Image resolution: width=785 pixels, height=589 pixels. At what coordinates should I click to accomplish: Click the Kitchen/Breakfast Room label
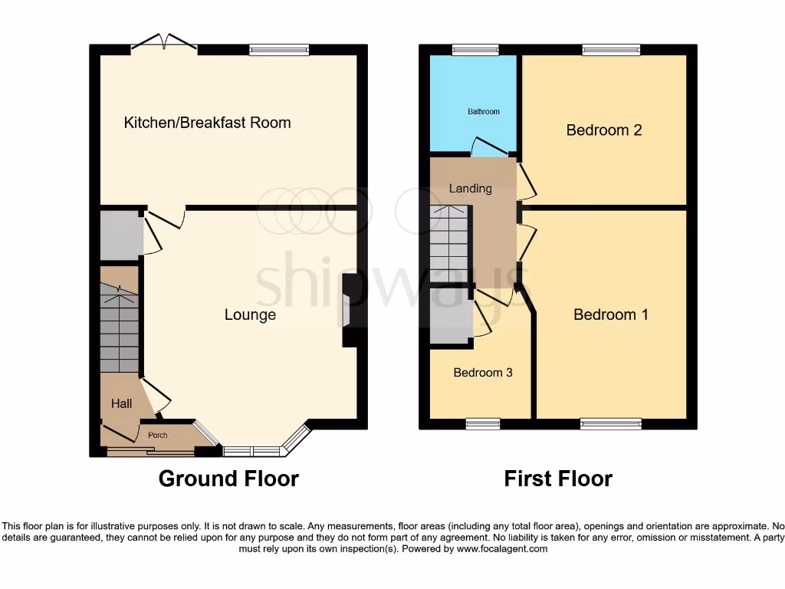click(x=207, y=123)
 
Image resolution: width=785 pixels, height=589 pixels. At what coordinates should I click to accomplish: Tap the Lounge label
click(x=250, y=315)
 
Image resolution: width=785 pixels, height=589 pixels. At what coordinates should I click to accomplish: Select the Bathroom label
click(x=484, y=112)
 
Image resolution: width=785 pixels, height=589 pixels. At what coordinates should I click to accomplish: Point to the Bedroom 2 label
click(x=603, y=130)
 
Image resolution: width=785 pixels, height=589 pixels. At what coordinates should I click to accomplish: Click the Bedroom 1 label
click(x=611, y=314)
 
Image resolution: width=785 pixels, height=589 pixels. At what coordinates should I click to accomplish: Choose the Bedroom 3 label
click(x=483, y=373)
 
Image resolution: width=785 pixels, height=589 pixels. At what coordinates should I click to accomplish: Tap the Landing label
click(x=470, y=189)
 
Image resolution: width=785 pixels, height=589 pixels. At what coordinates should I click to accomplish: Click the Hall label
click(x=121, y=403)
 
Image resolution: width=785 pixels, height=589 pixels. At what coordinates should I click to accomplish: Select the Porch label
click(x=157, y=436)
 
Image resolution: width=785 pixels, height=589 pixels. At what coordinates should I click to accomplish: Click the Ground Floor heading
click(x=228, y=479)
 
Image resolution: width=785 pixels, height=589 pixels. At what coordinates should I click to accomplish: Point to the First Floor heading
click(x=558, y=479)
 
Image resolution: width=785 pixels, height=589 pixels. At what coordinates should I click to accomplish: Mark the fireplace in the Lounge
click(x=349, y=311)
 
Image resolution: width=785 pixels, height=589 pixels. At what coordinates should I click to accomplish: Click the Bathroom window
click(x=475, y=51)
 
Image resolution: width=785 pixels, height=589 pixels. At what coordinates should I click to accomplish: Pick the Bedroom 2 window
click(x=611, y=51)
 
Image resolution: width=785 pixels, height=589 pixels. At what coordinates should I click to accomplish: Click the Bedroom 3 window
click(x=483, y=423)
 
